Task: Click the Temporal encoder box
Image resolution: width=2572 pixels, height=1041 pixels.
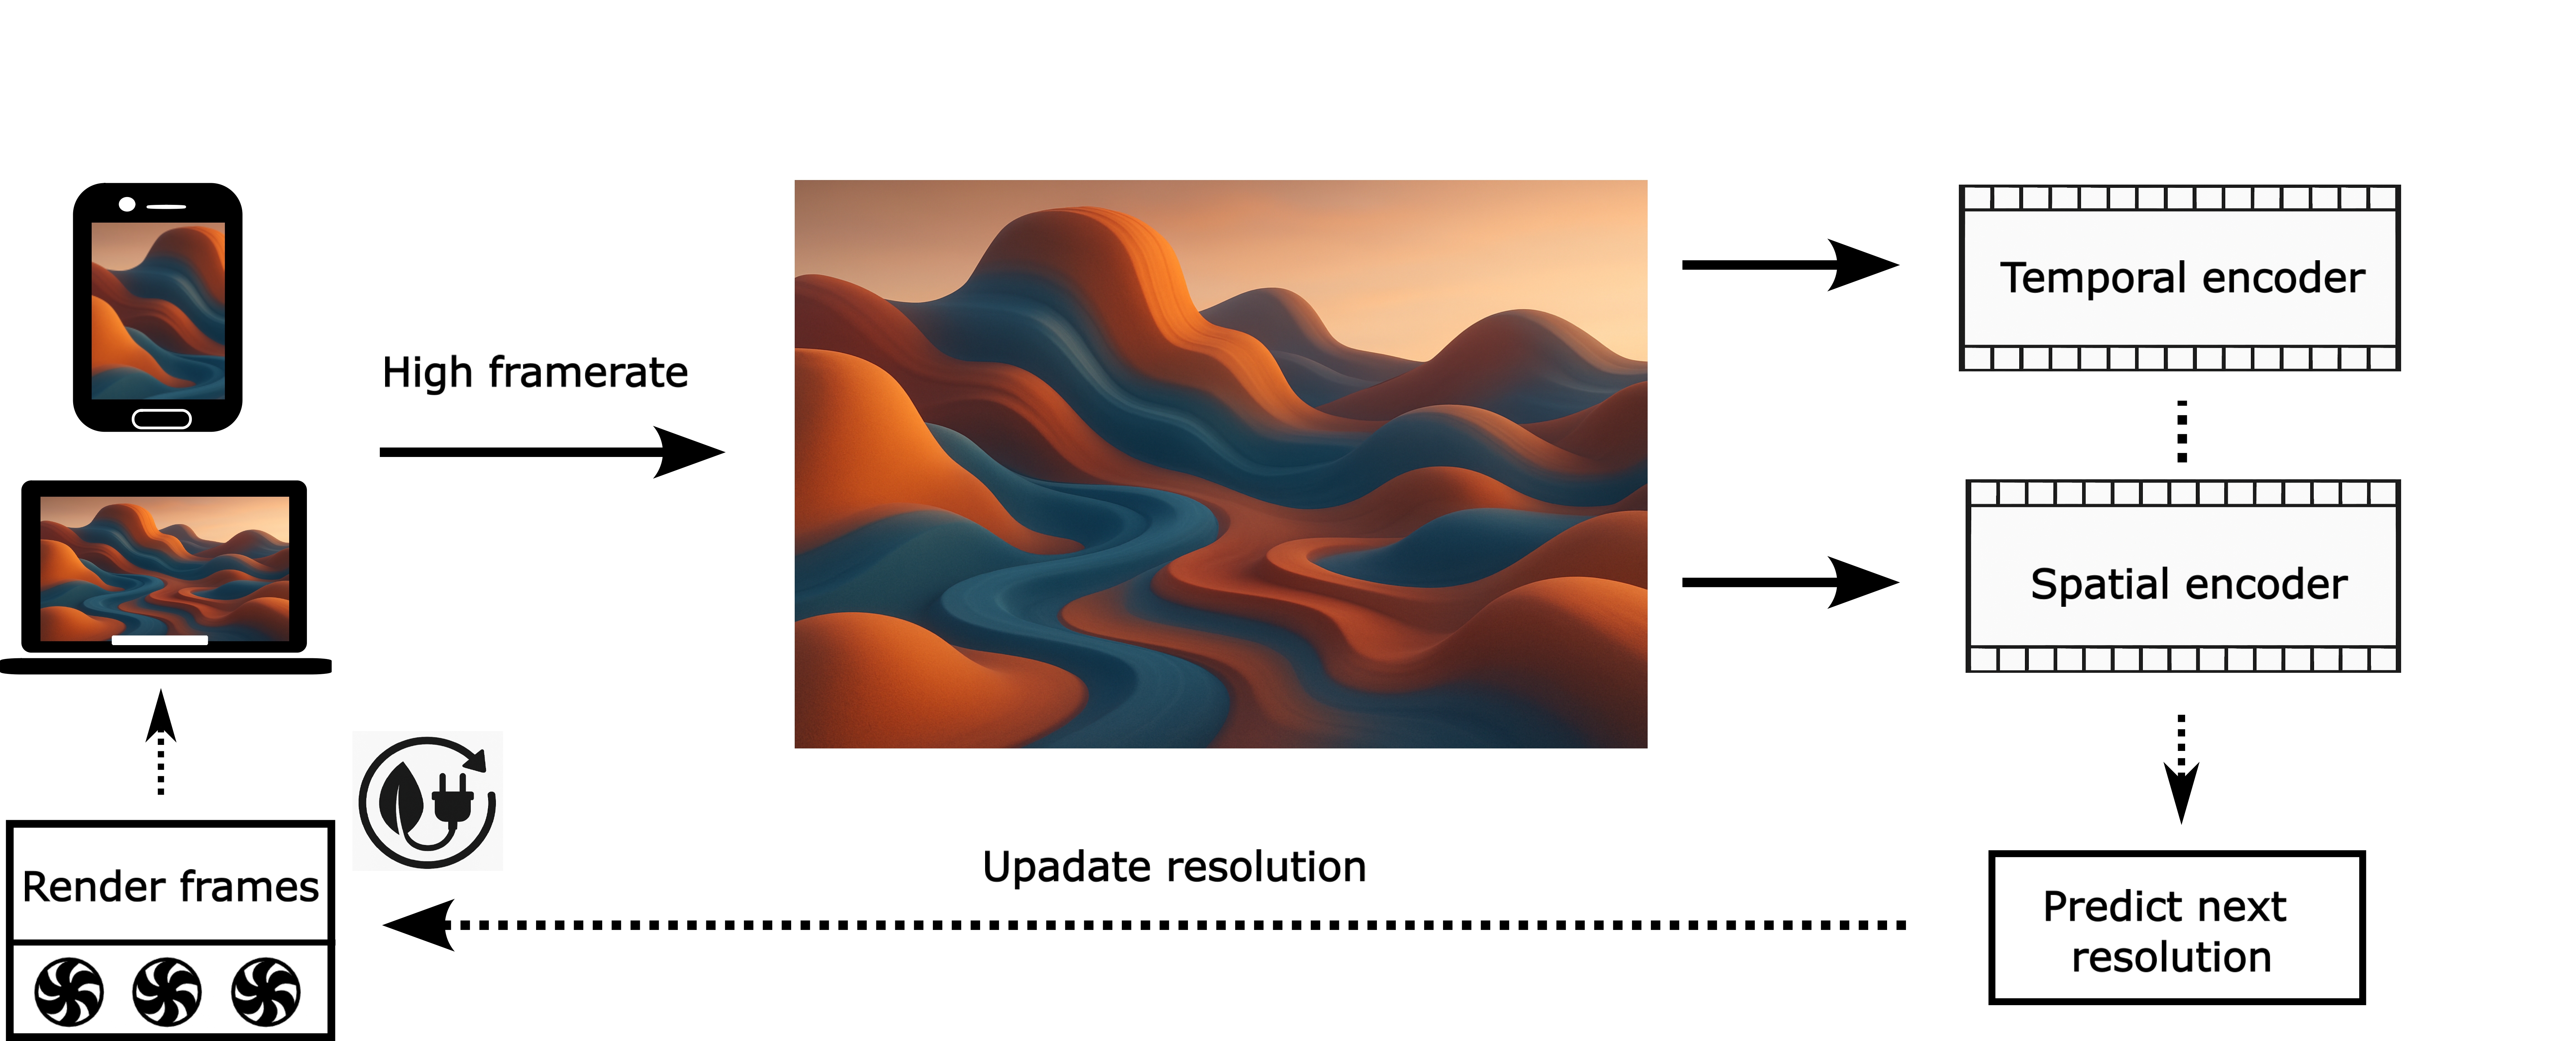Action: [x=2179, y=277]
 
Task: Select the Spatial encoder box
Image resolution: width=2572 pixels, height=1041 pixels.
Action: [x=2184, y=576]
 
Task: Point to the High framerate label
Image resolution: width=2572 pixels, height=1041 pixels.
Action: [x=535, y=372]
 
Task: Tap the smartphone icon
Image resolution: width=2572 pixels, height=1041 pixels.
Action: [x=158, y=307]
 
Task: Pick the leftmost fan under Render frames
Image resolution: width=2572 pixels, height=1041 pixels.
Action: [x=69, y=992]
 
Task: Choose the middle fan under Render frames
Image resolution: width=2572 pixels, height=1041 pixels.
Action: [x=167, y=992]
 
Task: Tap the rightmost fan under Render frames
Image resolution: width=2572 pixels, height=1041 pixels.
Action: [x=266, y=992]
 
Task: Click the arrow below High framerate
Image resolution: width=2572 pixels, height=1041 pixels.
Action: [x=552, y=452]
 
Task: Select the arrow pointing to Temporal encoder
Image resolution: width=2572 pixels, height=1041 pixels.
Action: [x=1790, y=265]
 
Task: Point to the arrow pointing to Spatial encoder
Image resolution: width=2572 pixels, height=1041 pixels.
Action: [x=1790, y=582]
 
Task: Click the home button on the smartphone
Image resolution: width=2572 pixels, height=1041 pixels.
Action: [x=162, y=418]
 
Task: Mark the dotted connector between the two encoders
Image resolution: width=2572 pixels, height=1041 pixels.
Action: [x=2182, y=431]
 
